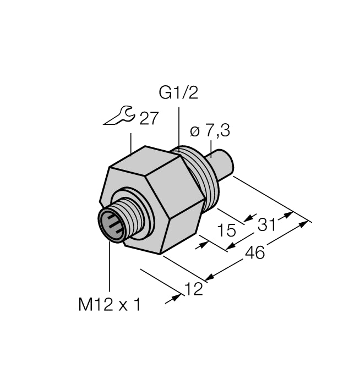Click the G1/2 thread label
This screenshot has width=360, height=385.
pyautogui.click(x=178, y=93)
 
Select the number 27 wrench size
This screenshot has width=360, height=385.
pyautogui.click(x=148, y=118)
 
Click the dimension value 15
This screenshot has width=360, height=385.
pyautogui.click(x=227, y=230)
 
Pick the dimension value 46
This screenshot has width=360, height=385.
pyautogui.click(x=254, y=252)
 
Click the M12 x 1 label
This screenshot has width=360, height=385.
pyautogui.click(x=109, y=304)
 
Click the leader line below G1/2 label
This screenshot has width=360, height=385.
pyautogui.click(x=178, y=127)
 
